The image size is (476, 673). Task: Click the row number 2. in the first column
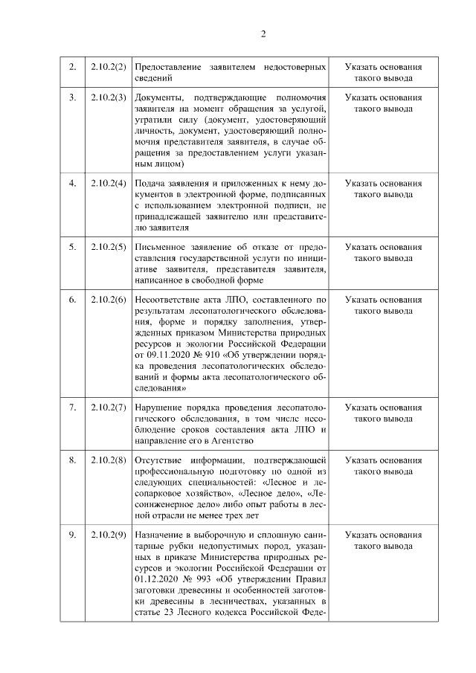tap(72, 67)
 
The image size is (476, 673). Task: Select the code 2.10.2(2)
tap(108, 67)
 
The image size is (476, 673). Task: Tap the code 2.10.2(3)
tap(108, 97)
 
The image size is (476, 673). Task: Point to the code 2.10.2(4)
tap(108, 183)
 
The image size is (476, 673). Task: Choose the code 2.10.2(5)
tap(108, 247)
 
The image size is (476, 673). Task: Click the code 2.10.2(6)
tap(108, 300)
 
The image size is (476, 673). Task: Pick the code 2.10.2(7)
tap(108, 408)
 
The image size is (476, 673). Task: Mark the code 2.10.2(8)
tap(108, 460)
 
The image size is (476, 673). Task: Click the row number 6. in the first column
tap(72, 300)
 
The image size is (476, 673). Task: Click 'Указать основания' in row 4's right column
tap(383, 183)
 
